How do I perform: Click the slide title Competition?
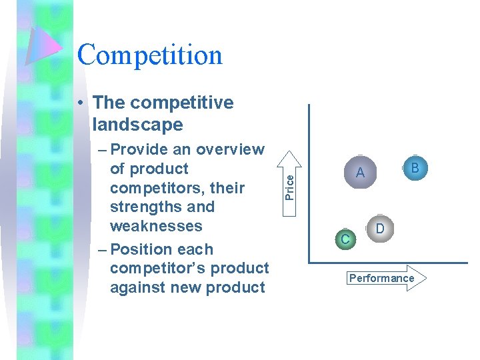click(149, 55)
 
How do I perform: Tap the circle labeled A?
click(360, 173)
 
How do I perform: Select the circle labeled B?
click(415, 168)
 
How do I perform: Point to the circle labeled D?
click(379, 229)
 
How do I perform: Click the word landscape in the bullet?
click(138, 125)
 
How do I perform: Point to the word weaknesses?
click(156, 225)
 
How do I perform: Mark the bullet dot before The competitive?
click(79, 103)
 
